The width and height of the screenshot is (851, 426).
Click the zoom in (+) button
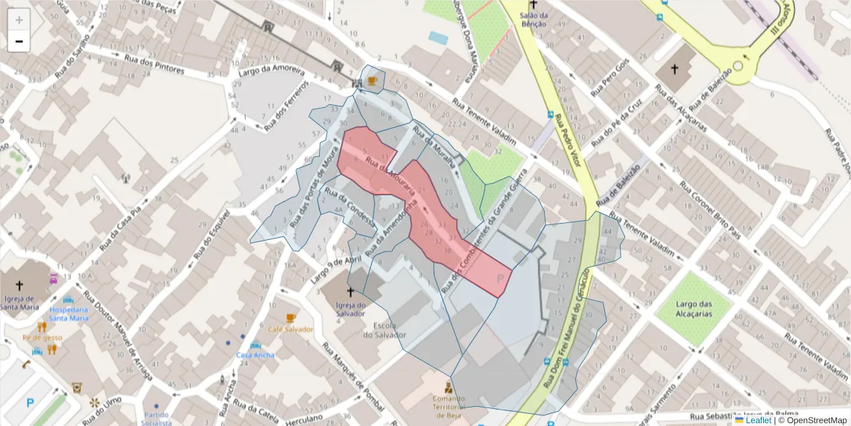19,20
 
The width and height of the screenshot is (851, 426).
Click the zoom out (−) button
19,41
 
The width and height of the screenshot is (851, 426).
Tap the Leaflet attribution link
758,420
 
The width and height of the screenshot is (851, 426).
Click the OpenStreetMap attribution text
813,420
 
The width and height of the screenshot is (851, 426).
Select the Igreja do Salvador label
350,310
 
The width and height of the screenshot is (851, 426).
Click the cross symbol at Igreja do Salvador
350,292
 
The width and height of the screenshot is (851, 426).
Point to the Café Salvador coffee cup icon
290,317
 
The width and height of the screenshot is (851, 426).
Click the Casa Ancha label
255,355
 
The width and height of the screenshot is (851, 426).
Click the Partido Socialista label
156,418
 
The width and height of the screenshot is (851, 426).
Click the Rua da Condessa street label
348,206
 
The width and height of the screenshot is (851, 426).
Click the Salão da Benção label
533,19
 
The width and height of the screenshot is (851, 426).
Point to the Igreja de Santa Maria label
20,302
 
